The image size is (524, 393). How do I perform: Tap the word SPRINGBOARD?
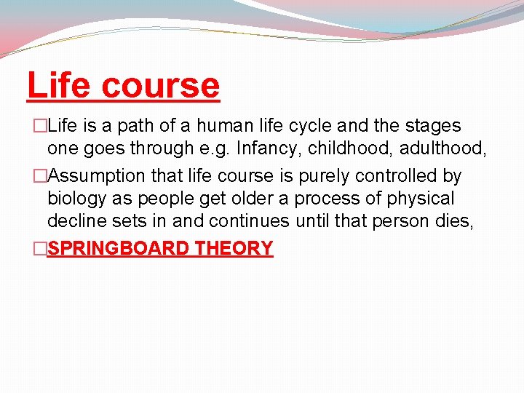click(118, 248)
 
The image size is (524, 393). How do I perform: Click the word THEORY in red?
click(234, 248)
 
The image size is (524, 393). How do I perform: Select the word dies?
click(455, 222)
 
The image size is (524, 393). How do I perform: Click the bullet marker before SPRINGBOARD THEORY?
click(41, 249)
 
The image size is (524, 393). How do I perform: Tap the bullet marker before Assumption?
click(41, 176)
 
